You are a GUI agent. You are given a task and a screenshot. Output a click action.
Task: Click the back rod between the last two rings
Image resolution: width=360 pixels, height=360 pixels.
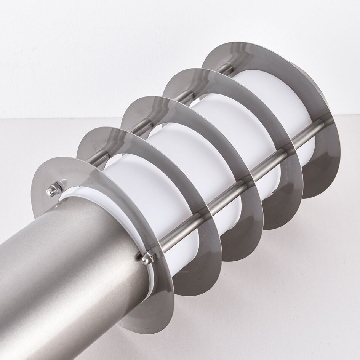tap(225, 71)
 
